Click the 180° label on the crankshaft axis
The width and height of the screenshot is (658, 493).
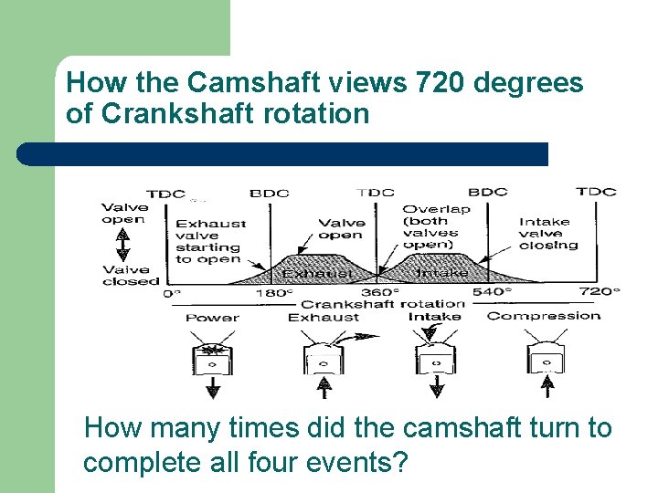pos(275,293)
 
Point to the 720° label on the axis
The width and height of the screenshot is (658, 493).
pos(600,292)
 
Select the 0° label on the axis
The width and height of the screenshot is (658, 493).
pos(172,293)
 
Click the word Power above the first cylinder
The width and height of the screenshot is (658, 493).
pos(212,318)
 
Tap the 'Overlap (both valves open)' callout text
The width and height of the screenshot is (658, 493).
pos(437,226)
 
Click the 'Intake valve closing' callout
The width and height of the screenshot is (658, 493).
pos(548,233)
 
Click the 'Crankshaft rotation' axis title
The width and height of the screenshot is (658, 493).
pos(383,304)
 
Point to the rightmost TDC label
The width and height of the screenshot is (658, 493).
pos(596,192)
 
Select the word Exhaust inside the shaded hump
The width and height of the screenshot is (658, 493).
pos(316,273)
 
